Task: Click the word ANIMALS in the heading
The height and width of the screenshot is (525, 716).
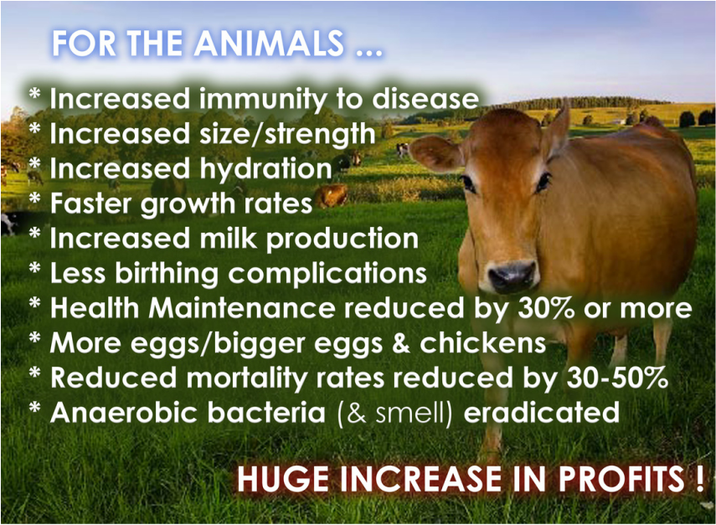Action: point(269,44)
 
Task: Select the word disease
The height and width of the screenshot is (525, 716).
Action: point(425,99)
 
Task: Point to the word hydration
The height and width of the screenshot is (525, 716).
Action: point(265,169)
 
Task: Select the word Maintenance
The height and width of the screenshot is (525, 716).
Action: point(242,308)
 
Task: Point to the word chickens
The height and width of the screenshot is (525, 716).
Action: point(482,343)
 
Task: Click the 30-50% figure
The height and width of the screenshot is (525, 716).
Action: point(617,378)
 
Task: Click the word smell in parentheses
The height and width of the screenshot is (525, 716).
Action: point(410,413)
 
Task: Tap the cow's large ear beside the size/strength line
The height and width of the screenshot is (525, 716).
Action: point(435,153)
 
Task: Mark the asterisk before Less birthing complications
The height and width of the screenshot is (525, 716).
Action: point(34,269)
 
